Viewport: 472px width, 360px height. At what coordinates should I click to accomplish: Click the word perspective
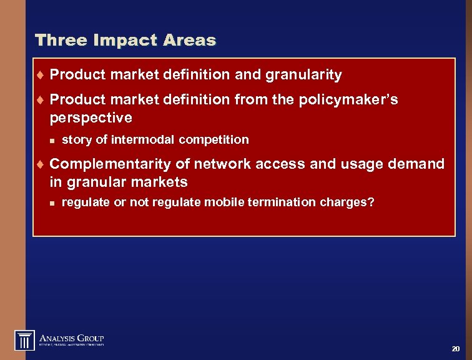click(x=91, y=118)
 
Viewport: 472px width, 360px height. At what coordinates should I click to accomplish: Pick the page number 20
click(x=455, y=349)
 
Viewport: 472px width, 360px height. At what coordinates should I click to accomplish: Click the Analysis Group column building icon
click(x=25, y=340)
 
